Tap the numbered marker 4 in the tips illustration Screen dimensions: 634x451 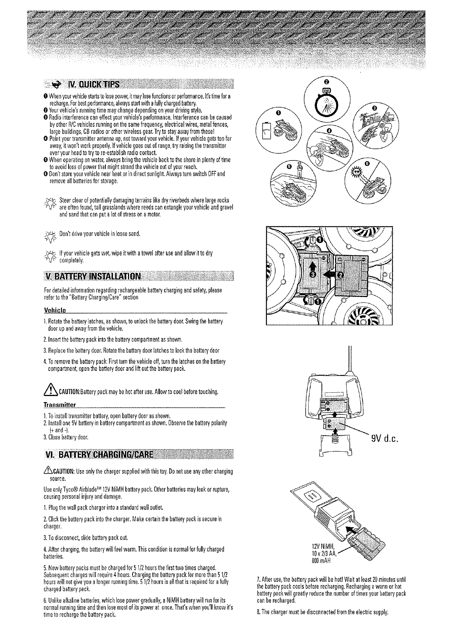point(329,131)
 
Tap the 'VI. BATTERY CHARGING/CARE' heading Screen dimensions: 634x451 point(99,454)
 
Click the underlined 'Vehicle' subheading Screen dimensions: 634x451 point(55,310)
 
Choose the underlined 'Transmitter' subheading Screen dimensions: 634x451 point(60,405)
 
